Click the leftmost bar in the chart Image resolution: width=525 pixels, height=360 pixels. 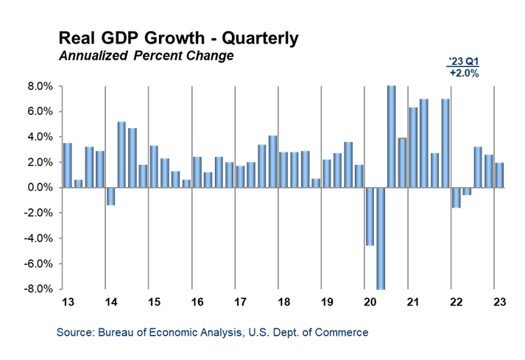tap(68, 165)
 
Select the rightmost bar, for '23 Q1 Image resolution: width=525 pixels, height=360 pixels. tap(499, 174)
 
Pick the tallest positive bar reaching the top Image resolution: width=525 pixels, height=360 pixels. tap(392, 136)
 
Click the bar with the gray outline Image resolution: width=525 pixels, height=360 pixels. tap(402, 162)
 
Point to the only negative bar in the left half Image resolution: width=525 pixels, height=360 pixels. tap(111, 196)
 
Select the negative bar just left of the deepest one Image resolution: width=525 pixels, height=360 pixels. tap(370, 216)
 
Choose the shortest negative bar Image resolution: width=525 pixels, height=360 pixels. tap(467, 191)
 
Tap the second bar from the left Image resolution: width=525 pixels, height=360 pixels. tap(79, 183)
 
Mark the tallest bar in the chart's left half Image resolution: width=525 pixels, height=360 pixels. tap(121, 154)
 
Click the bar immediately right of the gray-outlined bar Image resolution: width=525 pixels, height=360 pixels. tap(413, 147)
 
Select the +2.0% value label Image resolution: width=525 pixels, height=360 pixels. tap(464, 74)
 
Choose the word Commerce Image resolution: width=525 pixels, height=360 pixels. tap(343, 333)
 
